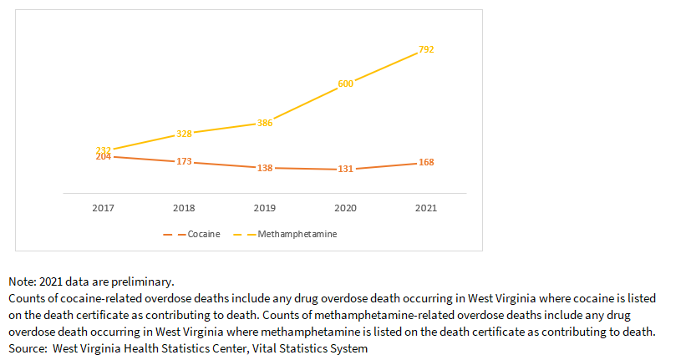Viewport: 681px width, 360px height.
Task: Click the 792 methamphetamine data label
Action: [426, 50]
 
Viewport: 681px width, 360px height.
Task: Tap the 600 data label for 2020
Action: [346, 84]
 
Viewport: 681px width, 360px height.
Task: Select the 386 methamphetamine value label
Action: [265, 123]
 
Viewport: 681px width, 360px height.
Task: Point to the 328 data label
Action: [185, 134]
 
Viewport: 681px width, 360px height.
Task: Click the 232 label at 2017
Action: [104, 150]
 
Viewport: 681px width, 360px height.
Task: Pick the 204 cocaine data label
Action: [104, 157]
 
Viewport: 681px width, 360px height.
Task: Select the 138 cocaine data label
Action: [265, 168]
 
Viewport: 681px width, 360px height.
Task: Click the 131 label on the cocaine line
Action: [346, 170]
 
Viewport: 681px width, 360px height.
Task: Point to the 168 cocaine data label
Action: [426, 162]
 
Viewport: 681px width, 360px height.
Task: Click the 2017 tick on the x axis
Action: [104, 207]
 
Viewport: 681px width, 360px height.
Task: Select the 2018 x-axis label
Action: [185, 207]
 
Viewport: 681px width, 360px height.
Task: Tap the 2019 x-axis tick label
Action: [265, 207]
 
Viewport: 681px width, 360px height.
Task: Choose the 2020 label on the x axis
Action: [346, 207]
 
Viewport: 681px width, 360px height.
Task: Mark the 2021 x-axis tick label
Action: [426, 207]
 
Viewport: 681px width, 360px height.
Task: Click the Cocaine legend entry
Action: [203, 235]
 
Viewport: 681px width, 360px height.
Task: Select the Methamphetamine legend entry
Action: [297, 235]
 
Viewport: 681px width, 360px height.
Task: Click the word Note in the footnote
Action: [22, 282]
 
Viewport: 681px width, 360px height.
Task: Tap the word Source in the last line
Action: [27, 347]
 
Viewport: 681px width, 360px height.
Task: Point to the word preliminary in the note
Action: [143, 282]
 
